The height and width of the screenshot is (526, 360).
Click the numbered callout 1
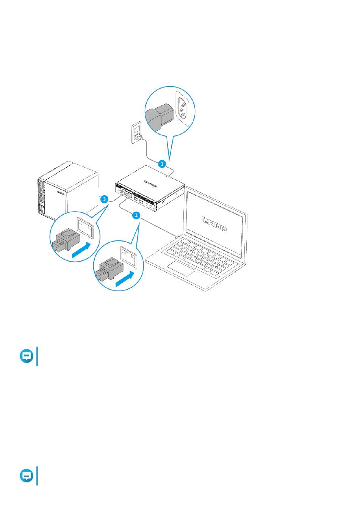162,164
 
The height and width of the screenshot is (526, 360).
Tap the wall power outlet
136,132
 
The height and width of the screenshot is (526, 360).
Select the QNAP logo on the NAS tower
62,192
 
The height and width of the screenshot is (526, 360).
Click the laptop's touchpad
182,268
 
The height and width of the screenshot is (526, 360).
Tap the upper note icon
27,356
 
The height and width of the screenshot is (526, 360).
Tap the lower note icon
27,476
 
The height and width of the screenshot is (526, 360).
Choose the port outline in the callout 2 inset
128,254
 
